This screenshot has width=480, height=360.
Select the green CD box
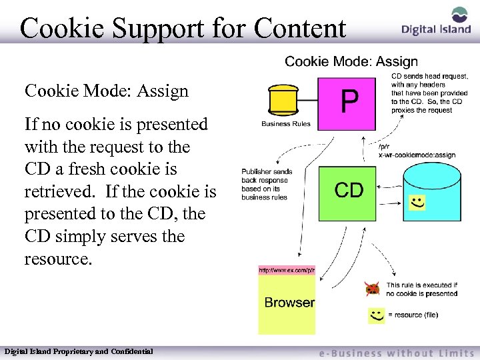tap(348, 193)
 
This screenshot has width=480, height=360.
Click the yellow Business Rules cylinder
tap(285, 100)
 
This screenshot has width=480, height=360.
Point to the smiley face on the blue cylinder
tap(417, 201)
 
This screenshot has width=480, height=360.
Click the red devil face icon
tap(372, 289)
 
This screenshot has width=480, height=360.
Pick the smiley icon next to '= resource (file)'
tap(376, 315)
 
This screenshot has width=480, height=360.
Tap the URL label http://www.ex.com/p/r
tap(287, 270)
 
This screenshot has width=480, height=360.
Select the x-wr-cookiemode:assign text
tap(417, 155)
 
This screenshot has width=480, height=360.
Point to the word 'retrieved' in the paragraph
tap(56, 192)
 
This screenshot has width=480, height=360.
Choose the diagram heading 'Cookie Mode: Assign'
tap(351, 62)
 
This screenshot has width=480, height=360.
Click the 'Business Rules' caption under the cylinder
tap(285, 124)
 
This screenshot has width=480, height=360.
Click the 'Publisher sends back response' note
tap(265, 184)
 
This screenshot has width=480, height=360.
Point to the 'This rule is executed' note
tap(421, 289)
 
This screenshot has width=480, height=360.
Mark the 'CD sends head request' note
tap(429, 93)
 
